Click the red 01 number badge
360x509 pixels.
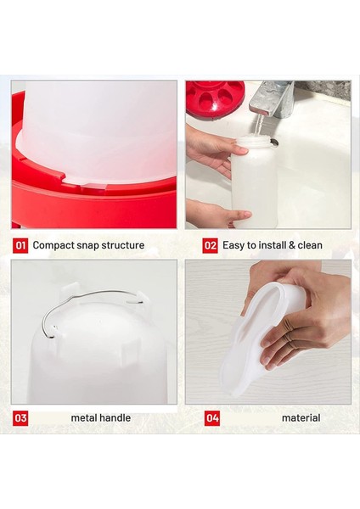point(20,245)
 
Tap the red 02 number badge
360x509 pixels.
point(211,245)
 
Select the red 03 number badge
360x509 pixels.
point(20,418)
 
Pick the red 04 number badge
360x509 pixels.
point(211,418)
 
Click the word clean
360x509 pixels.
point(309,245)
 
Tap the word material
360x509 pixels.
point(301,418)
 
